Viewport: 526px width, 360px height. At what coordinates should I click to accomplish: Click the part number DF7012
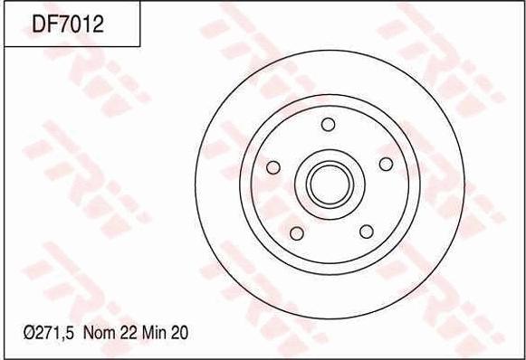coord(68,24)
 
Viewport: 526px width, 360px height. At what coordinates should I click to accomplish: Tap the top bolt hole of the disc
coord(328,124)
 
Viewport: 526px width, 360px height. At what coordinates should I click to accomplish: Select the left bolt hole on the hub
coord(273,167)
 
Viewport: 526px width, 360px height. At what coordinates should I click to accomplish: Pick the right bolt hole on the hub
coord(386,164)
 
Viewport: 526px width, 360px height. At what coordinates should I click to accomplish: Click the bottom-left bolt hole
coord(297,233)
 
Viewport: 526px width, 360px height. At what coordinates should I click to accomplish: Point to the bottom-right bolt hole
coord(367,232)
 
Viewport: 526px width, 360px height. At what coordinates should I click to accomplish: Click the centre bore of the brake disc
coord(330,185)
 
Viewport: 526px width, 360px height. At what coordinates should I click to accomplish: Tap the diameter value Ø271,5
coord(48,333)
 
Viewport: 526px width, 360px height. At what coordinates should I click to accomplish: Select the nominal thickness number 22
coord(127,333)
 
